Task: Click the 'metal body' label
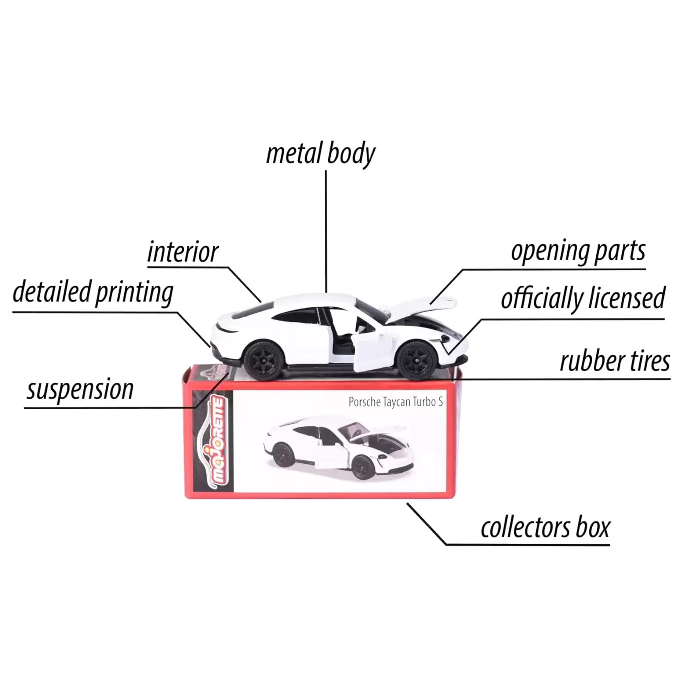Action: tap(320, 153)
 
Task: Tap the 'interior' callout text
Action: tap(182, 252)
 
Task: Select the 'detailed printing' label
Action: tap(93, 292)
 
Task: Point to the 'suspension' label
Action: tap(80, 389)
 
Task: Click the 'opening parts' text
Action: tap(578, 251)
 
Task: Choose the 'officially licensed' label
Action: tap(583, 298)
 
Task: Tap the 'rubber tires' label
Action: tap(615, 361)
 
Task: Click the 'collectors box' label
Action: tap(545, 527)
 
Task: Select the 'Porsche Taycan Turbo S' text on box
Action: tap(396, 402)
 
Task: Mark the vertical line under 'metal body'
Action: tap(326, 231)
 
